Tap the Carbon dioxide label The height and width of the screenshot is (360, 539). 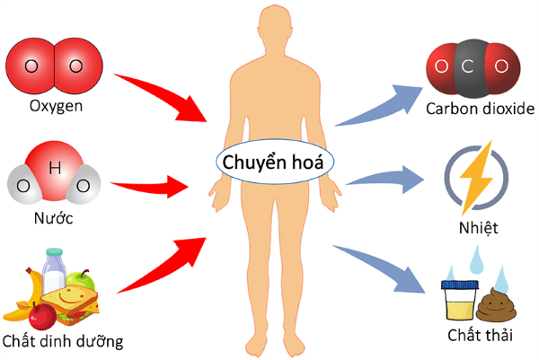point(481,110)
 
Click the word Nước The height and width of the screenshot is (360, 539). point(55,218)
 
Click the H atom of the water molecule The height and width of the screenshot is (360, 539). point(56,166)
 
